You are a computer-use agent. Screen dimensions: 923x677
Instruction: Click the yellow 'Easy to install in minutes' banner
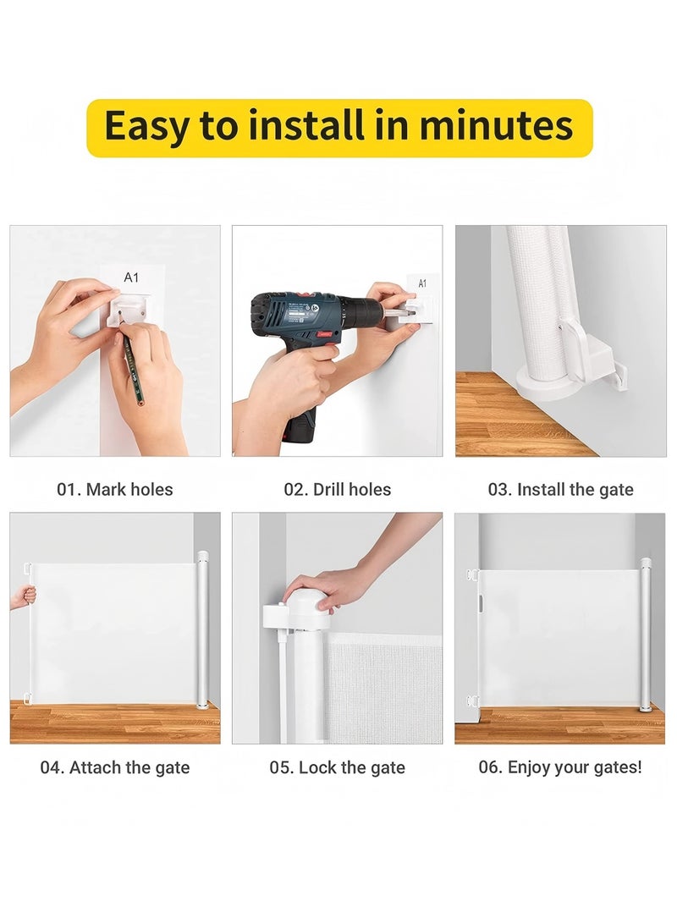tap(339, 128)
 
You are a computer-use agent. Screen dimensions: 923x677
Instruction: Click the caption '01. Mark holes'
tap(115, 489)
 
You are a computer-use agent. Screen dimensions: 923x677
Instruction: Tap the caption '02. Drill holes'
tap(337, 489)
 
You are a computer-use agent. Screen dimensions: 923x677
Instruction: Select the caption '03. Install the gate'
tap(560, 489)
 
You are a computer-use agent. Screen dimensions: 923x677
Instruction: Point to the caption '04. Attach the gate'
tap(115, 768)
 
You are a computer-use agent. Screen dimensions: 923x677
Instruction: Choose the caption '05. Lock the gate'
tap(337, 768)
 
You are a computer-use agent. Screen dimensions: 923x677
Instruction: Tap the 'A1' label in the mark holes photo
tap(131, 277)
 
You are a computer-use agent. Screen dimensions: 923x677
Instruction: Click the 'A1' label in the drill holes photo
tap(422, 283)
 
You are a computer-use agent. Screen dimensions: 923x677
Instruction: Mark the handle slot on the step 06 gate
tap(482, 605)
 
